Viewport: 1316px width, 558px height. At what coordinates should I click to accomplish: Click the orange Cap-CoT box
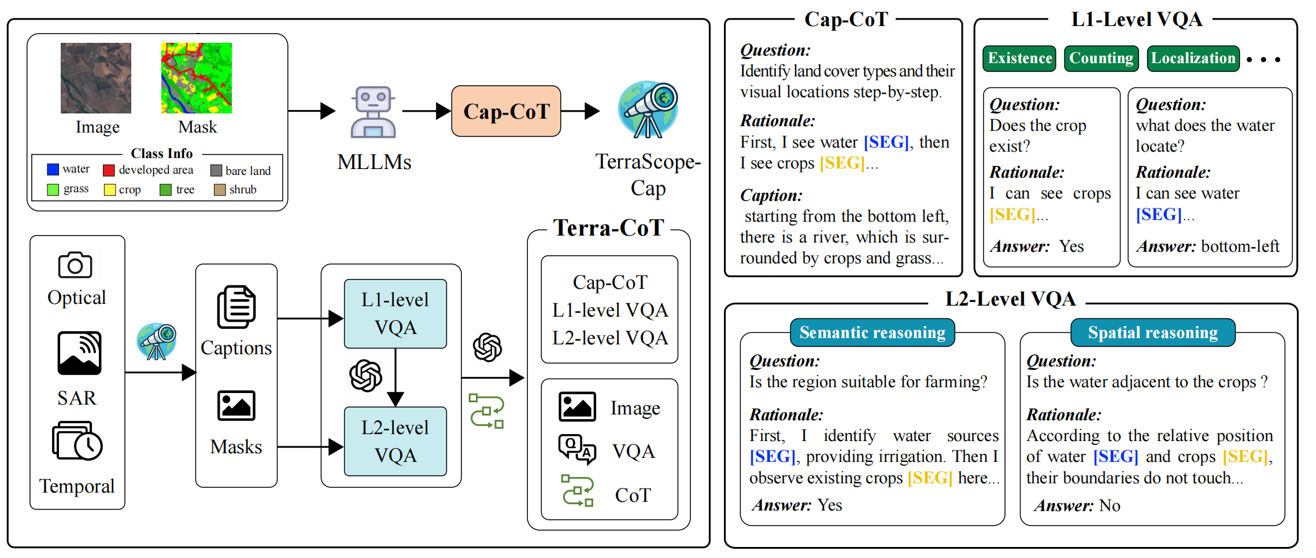tap(506, 111)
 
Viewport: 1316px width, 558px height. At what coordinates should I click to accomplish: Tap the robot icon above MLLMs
tap(373, 112)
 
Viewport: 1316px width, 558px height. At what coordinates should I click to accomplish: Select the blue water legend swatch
tap(53, 169)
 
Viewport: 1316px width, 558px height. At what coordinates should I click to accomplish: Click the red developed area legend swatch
tap(109, 170)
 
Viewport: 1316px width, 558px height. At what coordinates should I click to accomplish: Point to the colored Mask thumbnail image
tap(197, 78)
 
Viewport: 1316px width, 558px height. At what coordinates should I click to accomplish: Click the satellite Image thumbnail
tap(96, 78)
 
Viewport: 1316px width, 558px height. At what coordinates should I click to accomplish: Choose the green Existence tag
tap(1019, 58)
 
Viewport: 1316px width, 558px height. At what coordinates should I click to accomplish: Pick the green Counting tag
tap(1101, 58)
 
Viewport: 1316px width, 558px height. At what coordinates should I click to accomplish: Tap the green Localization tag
tap(1193, 58)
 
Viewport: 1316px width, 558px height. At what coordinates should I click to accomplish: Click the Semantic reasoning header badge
tap(872, 332)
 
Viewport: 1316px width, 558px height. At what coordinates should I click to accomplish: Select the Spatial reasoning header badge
tap(1152, 332)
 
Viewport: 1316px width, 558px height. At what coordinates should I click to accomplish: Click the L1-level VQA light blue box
tap(395, 314)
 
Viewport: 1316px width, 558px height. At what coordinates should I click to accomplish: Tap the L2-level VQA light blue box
tap(395, 441)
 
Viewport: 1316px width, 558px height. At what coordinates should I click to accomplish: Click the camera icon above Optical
tap(75, 265)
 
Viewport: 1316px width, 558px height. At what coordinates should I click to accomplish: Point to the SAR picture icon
tap(79, 353)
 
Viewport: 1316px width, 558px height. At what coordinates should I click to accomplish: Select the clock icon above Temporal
tap(88, 446)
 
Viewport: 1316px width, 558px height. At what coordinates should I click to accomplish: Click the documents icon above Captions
tap(236, 307)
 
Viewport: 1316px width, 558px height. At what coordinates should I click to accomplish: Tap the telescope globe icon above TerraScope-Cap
tap(648, 110)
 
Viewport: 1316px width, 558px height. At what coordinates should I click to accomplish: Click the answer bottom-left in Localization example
tap(1240, 247)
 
